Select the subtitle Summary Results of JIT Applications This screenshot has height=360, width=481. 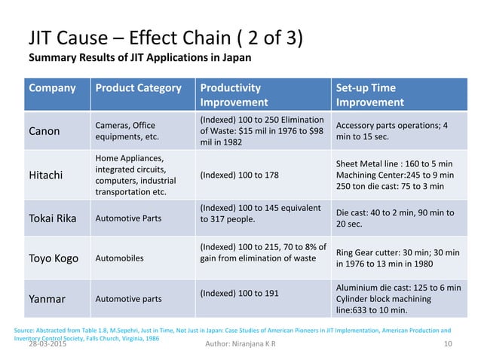click(x=139, y=58)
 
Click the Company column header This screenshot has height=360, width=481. click(x=52, y=88)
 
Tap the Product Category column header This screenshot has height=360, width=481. click(x=138, y=88)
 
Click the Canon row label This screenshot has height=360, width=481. click(x=45, y=131)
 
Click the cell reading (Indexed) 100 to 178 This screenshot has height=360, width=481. click(x=239, y=175)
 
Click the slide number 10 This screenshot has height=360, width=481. click(x=449, y=344)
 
